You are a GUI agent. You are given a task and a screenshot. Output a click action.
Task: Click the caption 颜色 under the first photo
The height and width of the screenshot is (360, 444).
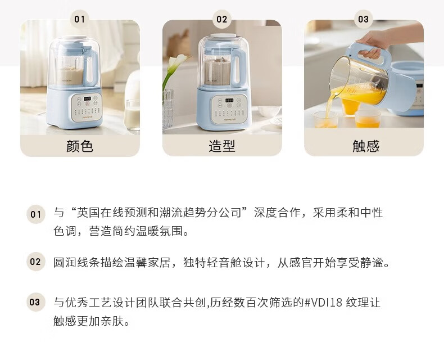[80, 146]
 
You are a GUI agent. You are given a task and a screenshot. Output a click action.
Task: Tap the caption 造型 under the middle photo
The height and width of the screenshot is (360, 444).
[222, 146]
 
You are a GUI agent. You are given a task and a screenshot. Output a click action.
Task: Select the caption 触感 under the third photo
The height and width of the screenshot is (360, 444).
[365, 146]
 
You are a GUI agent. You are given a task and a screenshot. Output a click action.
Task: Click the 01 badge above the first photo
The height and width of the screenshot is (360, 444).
[80, 19]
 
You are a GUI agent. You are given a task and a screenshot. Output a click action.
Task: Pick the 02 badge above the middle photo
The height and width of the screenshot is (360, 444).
[221, 19]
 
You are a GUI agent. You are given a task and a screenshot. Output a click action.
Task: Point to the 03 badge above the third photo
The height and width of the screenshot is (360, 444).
[363, 19]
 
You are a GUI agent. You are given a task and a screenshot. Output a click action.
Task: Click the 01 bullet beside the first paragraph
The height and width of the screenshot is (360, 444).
[35, 214]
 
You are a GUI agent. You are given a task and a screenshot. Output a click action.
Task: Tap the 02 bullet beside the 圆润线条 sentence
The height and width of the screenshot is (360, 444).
[35, 262]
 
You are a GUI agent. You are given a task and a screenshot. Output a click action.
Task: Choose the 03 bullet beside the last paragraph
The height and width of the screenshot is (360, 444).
[35, 302]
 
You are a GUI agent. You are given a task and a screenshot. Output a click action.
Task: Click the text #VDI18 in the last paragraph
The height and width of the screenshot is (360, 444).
[323, 303]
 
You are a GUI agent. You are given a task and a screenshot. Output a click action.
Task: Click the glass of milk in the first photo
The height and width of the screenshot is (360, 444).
[132, 115]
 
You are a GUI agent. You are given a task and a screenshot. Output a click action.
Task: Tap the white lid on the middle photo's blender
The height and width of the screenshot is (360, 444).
[223, 37]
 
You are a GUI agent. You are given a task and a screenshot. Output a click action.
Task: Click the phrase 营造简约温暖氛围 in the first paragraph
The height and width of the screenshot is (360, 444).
[135, 231]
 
